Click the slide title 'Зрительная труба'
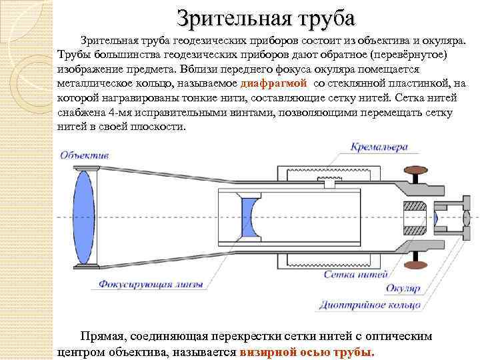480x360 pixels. (266, 16)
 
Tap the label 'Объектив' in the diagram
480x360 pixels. (85, 155)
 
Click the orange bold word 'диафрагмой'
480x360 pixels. (273, 84)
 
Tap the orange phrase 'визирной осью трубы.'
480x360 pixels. (307, 351)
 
